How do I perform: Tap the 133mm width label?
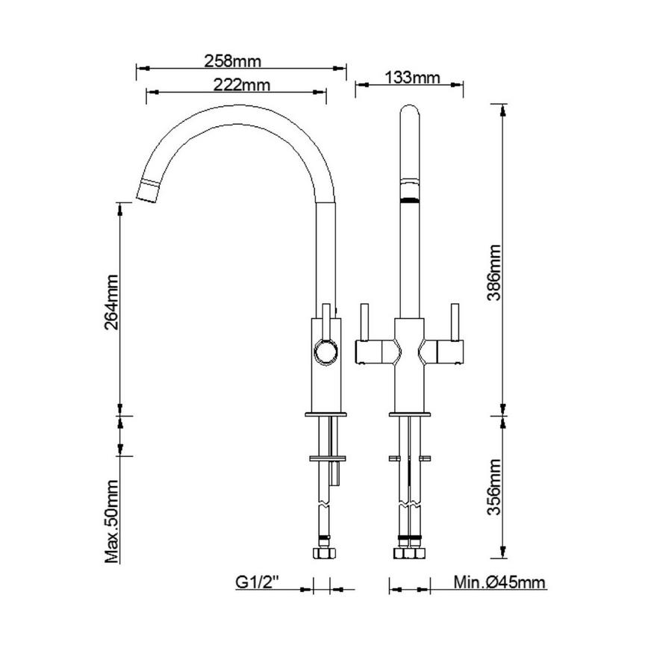[x=410, y=77]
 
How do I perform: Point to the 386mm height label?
[x=493, y=272]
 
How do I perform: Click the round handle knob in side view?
[x=325, y=351]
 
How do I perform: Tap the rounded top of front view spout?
[x=410, y=110]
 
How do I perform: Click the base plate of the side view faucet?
[x=325, y=413]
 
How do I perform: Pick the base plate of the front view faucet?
[x=409, y=413]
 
